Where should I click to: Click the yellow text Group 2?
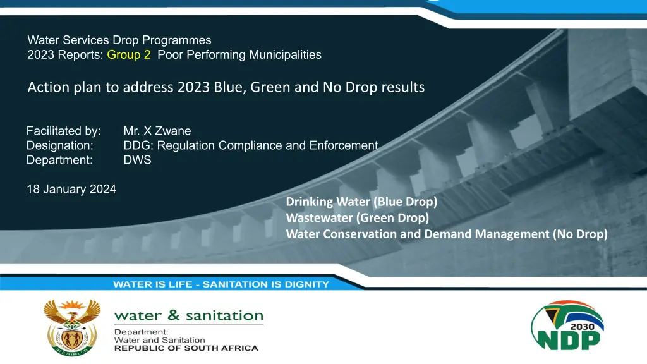click(x=129, y=55)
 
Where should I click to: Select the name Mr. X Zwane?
click(x=157, y=131)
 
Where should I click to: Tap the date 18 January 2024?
click(x=71, y=189)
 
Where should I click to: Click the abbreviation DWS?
click(x=137, y=160)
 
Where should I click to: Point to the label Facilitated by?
click(x=64, y=131)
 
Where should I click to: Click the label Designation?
click(x=60, y=145)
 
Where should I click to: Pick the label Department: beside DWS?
click(x=59, y=160)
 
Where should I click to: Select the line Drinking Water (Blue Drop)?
click(x=361, y=202)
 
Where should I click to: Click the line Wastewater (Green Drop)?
click(x=358, y=217)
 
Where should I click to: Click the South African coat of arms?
click(x=72, y=328)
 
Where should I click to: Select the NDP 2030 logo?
click(x=567, y=325)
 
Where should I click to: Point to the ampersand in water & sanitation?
click(x=174, y=315)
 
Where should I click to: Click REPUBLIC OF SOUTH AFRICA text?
click(x=186, y=348)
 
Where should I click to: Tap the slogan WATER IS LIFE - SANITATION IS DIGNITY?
click(x=221, y=284)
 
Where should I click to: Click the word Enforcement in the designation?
click(x=344, y=145)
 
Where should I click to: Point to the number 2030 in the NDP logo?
click(x=582, y=327)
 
